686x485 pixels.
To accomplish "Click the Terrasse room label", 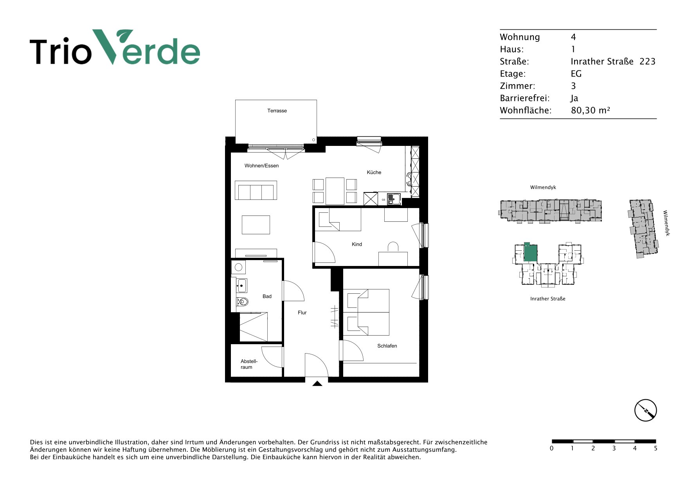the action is [277, 111].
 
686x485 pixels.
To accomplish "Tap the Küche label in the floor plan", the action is [374, 172].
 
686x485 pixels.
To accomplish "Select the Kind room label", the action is [357, 244].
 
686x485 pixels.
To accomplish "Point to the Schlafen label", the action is [387, 346].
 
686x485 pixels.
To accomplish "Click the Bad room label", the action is [267, 296].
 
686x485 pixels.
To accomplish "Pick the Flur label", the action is [302, 313].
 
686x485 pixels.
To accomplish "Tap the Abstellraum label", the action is [249, 364].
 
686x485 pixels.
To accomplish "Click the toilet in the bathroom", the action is [242, 302].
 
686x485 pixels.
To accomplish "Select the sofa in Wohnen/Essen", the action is [256, 190].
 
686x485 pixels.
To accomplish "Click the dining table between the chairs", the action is [335, 191].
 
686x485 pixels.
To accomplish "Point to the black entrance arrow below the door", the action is [317, 384].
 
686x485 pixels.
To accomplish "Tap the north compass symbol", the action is [645, 410].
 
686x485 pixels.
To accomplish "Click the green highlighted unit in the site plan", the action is [530, 252].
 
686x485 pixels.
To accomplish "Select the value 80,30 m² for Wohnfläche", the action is [591, 110].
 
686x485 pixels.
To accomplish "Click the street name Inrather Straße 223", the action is [613, 61].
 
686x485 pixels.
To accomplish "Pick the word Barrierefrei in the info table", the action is [524, 98].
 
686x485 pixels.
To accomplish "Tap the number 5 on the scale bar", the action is [655, 448].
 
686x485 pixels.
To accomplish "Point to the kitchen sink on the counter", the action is [393, 199].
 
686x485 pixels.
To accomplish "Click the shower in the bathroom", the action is [254, 327].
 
